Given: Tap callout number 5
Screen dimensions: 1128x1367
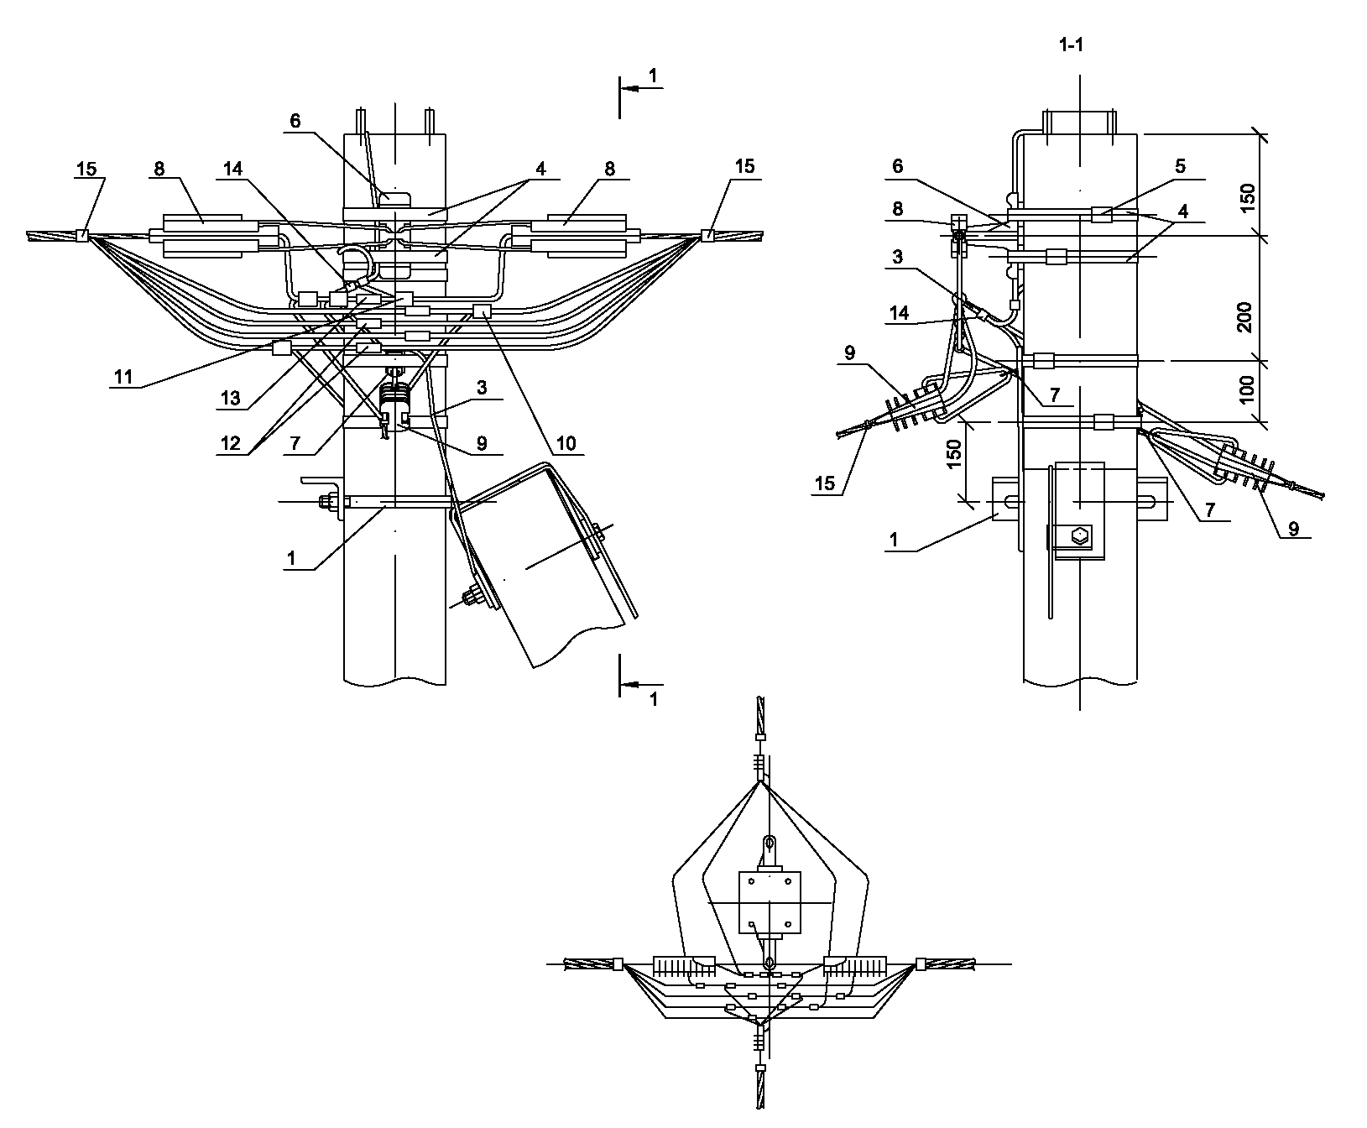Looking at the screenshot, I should tap(1180, 166).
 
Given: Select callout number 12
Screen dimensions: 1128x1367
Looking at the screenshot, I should tap(231, 445).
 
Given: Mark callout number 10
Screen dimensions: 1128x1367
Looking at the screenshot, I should tap(568, 444).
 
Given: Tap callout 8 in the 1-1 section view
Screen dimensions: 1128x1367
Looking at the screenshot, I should tap(898, 209).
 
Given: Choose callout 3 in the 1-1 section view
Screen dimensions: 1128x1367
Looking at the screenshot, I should tap(898, 257).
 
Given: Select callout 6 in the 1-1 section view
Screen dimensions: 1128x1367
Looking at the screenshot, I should tap(898, 166).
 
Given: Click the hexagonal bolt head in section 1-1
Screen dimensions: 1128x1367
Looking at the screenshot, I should tap(1081, 534).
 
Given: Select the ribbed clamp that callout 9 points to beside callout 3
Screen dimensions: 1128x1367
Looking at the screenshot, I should tap(394, 400).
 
